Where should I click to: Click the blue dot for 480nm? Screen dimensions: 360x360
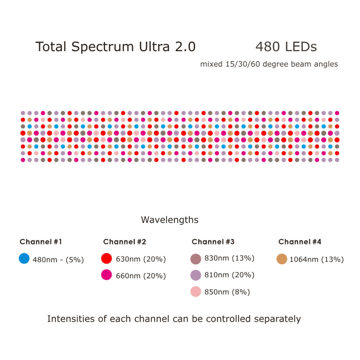pos(24,258)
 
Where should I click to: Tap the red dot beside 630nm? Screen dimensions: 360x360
pos(107,258)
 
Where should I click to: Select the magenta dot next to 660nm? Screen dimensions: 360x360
pos(107,275)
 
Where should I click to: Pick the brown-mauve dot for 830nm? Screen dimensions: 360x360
pos(195,258)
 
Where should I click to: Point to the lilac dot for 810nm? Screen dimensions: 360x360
pos(195,275)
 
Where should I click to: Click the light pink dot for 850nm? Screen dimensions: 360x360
pos(195,292)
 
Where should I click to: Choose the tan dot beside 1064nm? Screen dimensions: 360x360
pos(282,259)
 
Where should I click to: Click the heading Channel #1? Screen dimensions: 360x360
pos(41,242)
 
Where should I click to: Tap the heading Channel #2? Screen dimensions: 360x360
pos(125,242)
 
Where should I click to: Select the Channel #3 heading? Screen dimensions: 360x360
pos(213,242)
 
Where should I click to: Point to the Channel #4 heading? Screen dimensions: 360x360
pos(300,242)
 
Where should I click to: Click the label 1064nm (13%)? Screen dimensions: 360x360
pos(316,259)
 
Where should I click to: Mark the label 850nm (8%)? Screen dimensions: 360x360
pos(227,292)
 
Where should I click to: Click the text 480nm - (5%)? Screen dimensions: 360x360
pos(58,259)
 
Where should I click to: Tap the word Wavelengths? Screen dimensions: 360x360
pos(170,220)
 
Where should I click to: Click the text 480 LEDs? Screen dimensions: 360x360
pos(286,47)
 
